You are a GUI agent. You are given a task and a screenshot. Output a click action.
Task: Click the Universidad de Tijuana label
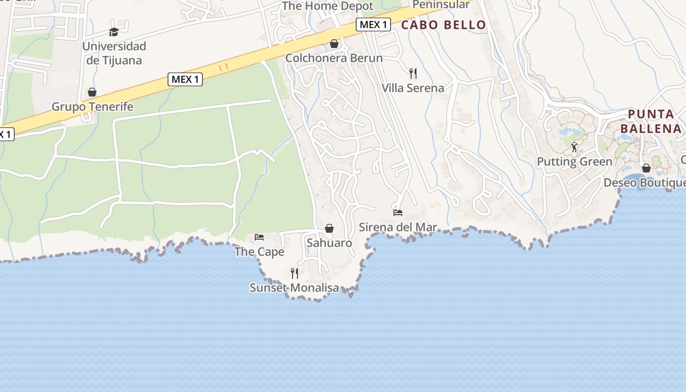(x=114, y=53)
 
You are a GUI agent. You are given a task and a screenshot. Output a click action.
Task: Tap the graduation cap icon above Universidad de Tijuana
(x=114, y=32)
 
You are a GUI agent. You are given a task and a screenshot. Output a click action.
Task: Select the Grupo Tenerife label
(x=93, y=107)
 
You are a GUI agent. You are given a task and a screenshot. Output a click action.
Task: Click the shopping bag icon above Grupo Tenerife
(x=92, y=92)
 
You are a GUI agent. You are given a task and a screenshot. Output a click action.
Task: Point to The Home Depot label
(x=327, y=6)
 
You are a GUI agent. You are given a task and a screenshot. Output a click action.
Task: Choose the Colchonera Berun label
(x=334, y=58)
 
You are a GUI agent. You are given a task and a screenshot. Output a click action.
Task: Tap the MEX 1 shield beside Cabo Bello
(x=373, y=24)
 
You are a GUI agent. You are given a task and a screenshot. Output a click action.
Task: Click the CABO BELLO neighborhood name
(x=443, y=25)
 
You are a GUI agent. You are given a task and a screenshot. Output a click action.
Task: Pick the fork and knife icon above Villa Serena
(x=413, y=73)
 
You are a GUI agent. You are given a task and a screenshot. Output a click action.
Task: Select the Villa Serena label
(x=413, y=88)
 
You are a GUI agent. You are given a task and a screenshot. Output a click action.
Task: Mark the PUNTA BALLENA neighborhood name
(x=651, y=122)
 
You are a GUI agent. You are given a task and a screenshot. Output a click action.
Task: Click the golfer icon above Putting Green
(x=574, y=147)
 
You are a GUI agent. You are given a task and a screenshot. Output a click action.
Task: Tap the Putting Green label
(x=574, y=162)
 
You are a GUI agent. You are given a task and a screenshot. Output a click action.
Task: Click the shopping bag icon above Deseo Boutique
(x=646, y=168)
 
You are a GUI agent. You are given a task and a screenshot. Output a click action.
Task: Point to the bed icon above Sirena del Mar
(x=398, y=213)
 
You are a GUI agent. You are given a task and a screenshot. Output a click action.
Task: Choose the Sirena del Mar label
(x=397, y=227)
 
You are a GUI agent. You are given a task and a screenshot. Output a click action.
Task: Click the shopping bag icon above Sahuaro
(x=329, y=228)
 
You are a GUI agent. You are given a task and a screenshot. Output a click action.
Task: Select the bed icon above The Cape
(x=259, y=237)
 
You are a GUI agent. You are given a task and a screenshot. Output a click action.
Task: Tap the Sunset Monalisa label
(x=294, y=288)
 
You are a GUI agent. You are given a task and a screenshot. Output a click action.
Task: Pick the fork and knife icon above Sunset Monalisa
(x=294, y=273)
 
